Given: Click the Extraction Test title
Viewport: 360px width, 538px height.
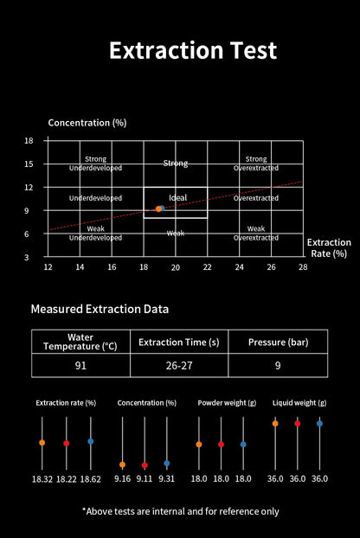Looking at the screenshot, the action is (193, 50).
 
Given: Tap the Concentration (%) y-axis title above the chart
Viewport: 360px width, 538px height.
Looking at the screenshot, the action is (87, 123).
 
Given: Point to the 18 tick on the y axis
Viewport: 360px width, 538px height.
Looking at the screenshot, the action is (29, 140).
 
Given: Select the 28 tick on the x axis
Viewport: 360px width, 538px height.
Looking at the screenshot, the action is (303, 267).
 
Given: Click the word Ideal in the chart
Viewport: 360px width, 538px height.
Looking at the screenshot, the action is (177, 197).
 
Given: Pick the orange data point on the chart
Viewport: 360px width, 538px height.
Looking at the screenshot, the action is (158, 209).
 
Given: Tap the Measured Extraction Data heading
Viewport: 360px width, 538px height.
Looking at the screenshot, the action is (100, 309).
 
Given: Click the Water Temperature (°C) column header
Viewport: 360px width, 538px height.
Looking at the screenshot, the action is (80, 342).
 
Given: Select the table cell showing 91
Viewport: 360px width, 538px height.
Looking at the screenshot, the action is (80, 365).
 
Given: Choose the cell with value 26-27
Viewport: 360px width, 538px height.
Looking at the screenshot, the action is (179, 365).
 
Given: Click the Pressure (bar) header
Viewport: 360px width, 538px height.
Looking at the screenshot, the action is (279, 342).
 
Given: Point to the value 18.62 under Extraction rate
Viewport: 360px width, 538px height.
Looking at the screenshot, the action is (91, 479).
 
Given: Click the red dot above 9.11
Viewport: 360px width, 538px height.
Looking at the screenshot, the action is (145, 465).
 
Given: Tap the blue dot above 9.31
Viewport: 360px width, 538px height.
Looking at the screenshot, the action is (167, 464).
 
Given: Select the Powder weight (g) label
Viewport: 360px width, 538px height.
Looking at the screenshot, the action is (227, 403).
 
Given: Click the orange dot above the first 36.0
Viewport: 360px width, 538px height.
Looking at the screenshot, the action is (275, 424).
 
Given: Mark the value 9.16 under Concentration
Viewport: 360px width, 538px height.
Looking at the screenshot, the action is (123, 478).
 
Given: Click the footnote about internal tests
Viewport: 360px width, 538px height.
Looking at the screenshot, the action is (181, 511).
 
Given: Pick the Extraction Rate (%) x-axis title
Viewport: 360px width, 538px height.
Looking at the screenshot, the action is (329, 247).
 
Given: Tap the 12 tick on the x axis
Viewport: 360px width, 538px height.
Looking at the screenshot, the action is (48, 267).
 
